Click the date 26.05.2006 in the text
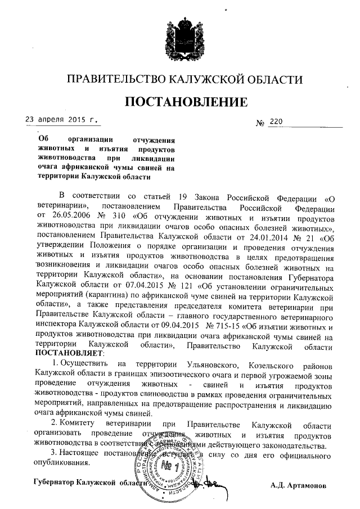71,217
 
